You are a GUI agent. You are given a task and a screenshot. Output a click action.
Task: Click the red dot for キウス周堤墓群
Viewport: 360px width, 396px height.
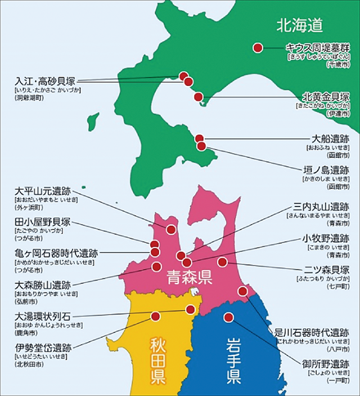[258, 48]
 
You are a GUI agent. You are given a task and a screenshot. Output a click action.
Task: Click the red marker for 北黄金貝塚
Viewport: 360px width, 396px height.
[198, 97]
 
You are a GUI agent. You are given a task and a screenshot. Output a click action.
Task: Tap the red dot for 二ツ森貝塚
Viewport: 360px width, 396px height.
[223, 262]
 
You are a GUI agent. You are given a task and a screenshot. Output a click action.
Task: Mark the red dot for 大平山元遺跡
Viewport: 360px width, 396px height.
[171, 229]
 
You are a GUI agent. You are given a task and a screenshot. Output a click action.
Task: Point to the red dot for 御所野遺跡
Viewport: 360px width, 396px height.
[228, 317]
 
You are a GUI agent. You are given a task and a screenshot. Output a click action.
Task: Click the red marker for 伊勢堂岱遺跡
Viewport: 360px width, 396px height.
[155, 316]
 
